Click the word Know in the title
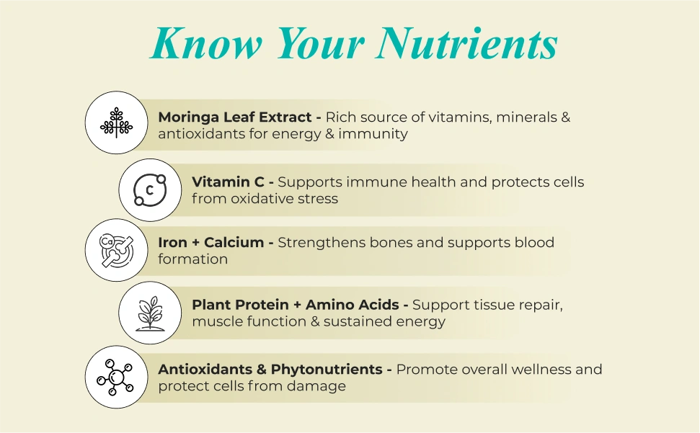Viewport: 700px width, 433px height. pos(206,43)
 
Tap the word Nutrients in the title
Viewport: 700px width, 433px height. pos(467,43)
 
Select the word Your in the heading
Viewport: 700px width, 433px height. pos(321,43)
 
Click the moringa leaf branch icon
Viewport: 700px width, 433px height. pos(117,122)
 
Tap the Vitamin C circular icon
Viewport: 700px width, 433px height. pos(150,190)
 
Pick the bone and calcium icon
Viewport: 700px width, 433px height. pos(116,250)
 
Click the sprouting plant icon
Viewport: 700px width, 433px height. pos(150,313)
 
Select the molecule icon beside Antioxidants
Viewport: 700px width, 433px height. pos(115,378)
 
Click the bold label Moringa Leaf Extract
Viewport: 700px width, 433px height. pos(235,117)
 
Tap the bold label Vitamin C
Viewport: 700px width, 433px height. pos(228,182)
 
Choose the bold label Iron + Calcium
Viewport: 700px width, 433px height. pos(211,242)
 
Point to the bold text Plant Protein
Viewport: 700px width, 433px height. pos(240,305)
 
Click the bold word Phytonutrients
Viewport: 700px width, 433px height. pos(327,369)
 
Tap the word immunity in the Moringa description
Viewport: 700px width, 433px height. pos(373,134)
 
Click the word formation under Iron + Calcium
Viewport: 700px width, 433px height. pos(193,259)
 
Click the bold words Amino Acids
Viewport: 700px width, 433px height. pos(353,305)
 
